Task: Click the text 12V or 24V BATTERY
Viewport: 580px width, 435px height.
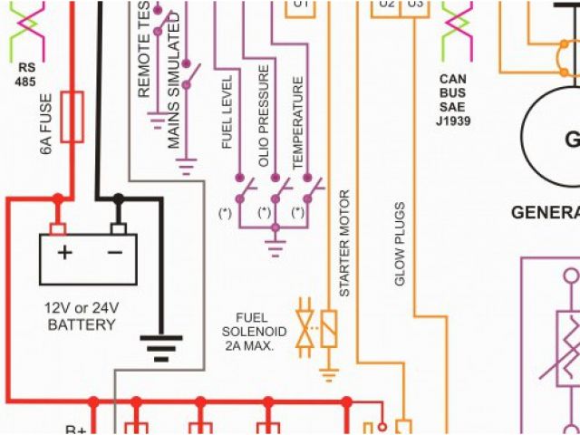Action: click(x=82, y=315)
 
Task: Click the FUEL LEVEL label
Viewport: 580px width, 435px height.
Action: click(x=227, y=112)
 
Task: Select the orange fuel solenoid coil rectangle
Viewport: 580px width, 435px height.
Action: click(x=329, y=326)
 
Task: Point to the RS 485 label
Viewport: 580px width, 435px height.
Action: click(x=27, y=73)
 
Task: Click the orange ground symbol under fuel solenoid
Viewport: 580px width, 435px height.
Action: click(x=329, y=372)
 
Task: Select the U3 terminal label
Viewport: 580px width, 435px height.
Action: click(x=415, y=5)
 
